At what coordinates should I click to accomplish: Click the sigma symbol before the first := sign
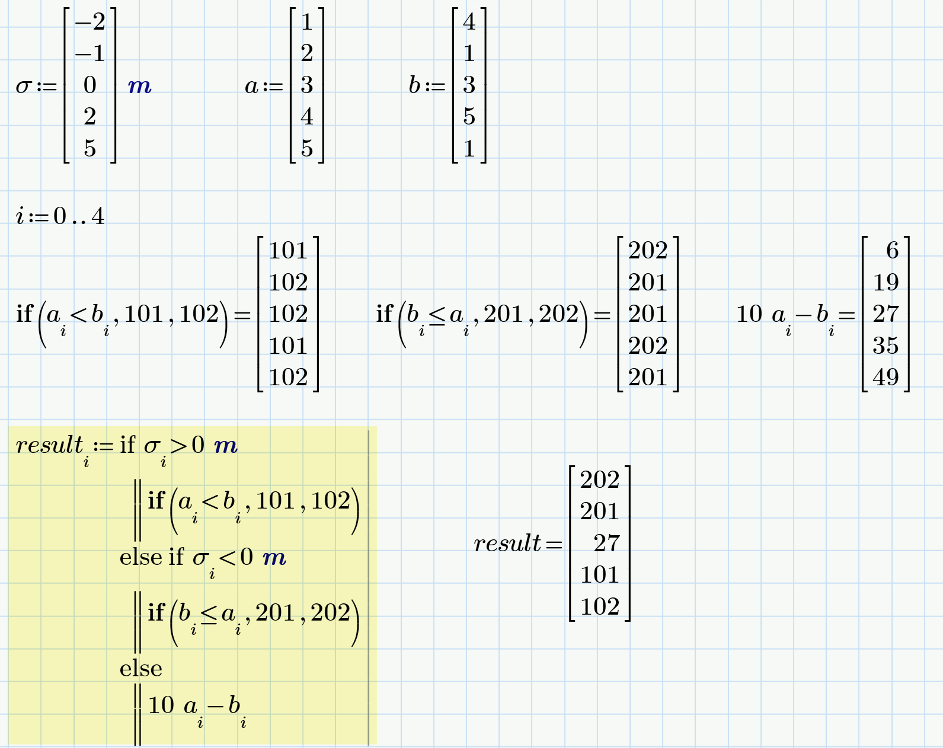pos(24,87)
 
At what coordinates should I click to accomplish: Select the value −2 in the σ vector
pos(90,23)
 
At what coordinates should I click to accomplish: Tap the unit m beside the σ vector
pos(140,87)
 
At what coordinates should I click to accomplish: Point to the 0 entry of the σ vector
pos(90,85)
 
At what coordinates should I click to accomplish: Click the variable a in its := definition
pos(252,87)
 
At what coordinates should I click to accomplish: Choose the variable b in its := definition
pos(414,85)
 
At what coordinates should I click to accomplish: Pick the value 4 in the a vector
pos(306,117)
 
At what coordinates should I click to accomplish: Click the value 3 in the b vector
pos(469,85)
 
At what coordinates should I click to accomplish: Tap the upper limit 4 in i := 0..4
pos(98,216)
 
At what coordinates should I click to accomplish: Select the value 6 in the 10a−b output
pos(892,251)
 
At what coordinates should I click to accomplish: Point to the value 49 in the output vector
pos(886,378)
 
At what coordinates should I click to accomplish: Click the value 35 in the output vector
pos(886,346)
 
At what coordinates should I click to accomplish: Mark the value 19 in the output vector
pos(886,283)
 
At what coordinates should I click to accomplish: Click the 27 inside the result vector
pos(607,544)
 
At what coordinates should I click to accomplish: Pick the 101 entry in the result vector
pos(600,575)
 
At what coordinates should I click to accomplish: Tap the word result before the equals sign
pos(507,543)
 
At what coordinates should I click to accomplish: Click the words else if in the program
pos(152,557)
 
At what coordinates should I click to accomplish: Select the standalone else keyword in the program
pos(141,669)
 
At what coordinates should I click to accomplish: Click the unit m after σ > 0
pos(226,445)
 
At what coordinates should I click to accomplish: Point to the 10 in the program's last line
pos(161,705)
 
